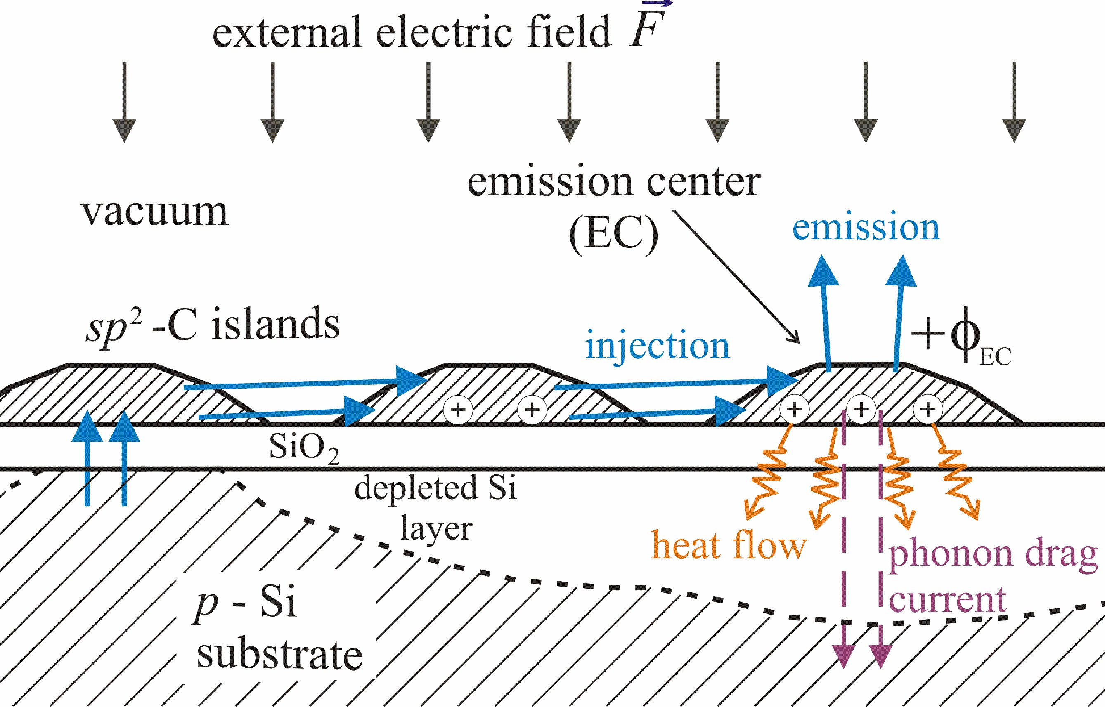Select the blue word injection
click(657, 345)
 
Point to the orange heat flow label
click(729, 545)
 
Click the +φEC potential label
click(960, 337)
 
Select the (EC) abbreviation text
click(613, 234)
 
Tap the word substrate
click(279, 655)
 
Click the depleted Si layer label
click(435, 507)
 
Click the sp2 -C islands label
click(213, 325)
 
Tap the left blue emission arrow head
click(823, 272)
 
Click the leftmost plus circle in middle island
click(457, 409)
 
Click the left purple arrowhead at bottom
click(844, 655)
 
